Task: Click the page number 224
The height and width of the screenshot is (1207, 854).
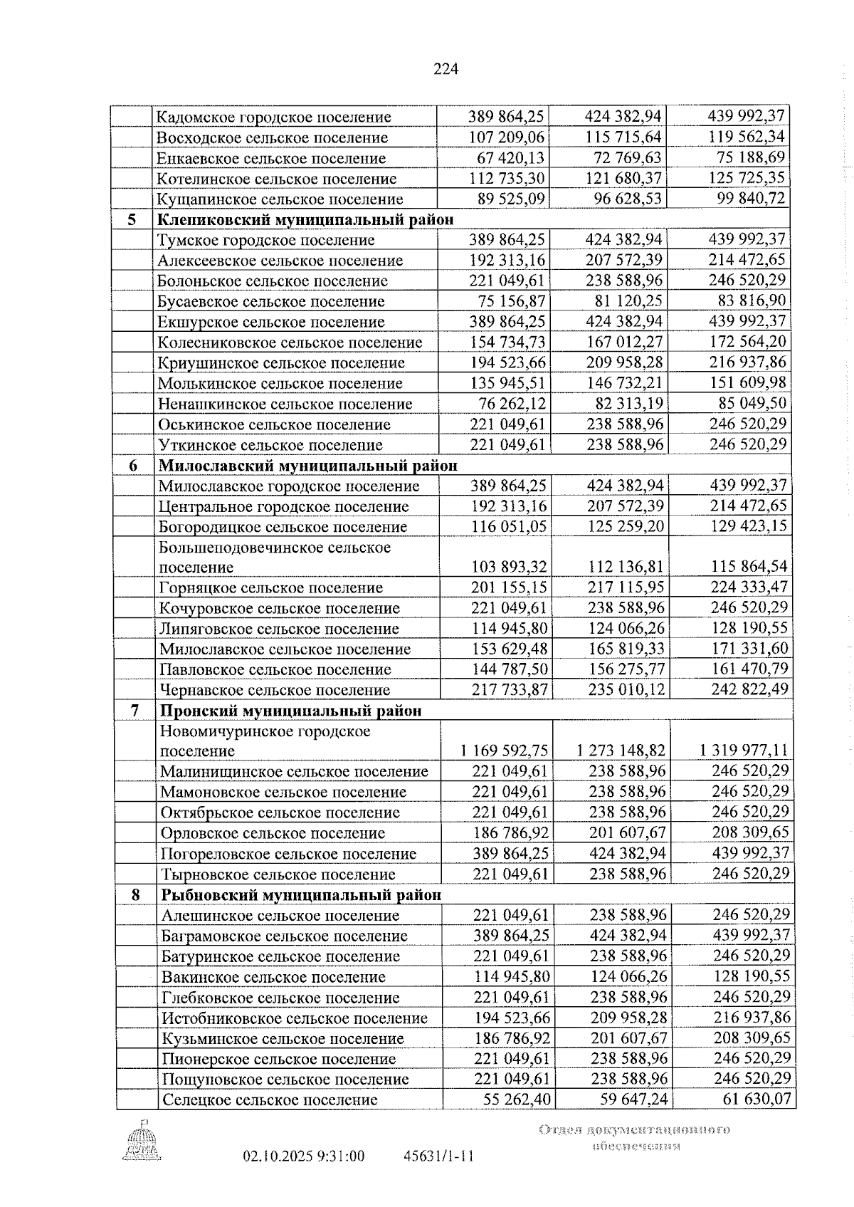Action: coord(446,69)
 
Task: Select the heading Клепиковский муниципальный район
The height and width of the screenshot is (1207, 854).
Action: coord(305,219)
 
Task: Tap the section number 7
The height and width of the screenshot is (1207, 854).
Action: coord(135,711)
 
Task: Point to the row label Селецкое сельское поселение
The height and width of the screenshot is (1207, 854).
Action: coord(270,1099)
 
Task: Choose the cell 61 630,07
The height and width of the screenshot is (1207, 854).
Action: coord(757,1099)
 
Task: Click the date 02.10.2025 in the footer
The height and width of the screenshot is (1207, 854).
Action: coord(274,1156)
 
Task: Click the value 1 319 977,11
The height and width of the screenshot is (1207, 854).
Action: coord(743,751)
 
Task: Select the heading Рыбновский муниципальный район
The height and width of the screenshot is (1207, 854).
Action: coord(301,894)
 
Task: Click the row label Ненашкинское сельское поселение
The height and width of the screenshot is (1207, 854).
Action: coord(285,404)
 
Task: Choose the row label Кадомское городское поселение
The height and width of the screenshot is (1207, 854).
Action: coord(273,117)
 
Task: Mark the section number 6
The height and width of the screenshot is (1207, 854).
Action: coord(133,466)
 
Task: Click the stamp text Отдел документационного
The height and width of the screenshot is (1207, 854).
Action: coord(635,1129)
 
